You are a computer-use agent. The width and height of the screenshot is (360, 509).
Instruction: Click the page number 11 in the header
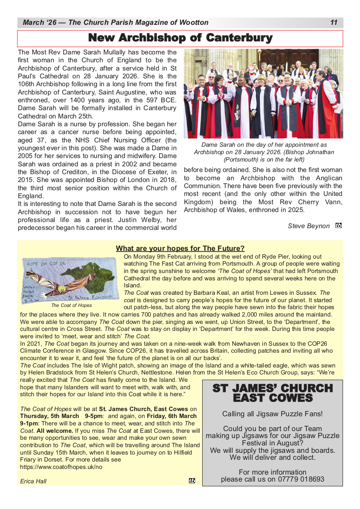click(x=334, y=23)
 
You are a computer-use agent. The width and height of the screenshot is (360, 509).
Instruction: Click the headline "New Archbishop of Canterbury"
click(x=180, y=38)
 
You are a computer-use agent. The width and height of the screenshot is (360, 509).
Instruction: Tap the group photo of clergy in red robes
click(x=263, y=93)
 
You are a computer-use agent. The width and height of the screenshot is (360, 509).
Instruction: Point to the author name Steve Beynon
click(x=309, y=226)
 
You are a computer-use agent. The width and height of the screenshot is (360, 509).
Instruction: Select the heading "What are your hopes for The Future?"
click(x=180, y=249)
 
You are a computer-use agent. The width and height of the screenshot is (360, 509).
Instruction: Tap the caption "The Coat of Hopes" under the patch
click(x=71, y=305)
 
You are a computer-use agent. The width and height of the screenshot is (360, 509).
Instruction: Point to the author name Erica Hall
click(x=33, y=481)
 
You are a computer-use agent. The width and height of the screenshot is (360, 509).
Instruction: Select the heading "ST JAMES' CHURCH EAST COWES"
click(x=272, y=393)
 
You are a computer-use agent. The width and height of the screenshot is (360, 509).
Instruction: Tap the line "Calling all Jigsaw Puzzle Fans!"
click(x=272, y=414)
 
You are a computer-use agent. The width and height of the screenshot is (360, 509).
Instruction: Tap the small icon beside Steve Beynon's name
click(x=339, y=226)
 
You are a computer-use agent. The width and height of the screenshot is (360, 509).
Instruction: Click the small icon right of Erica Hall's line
click(x=192, y=481)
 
